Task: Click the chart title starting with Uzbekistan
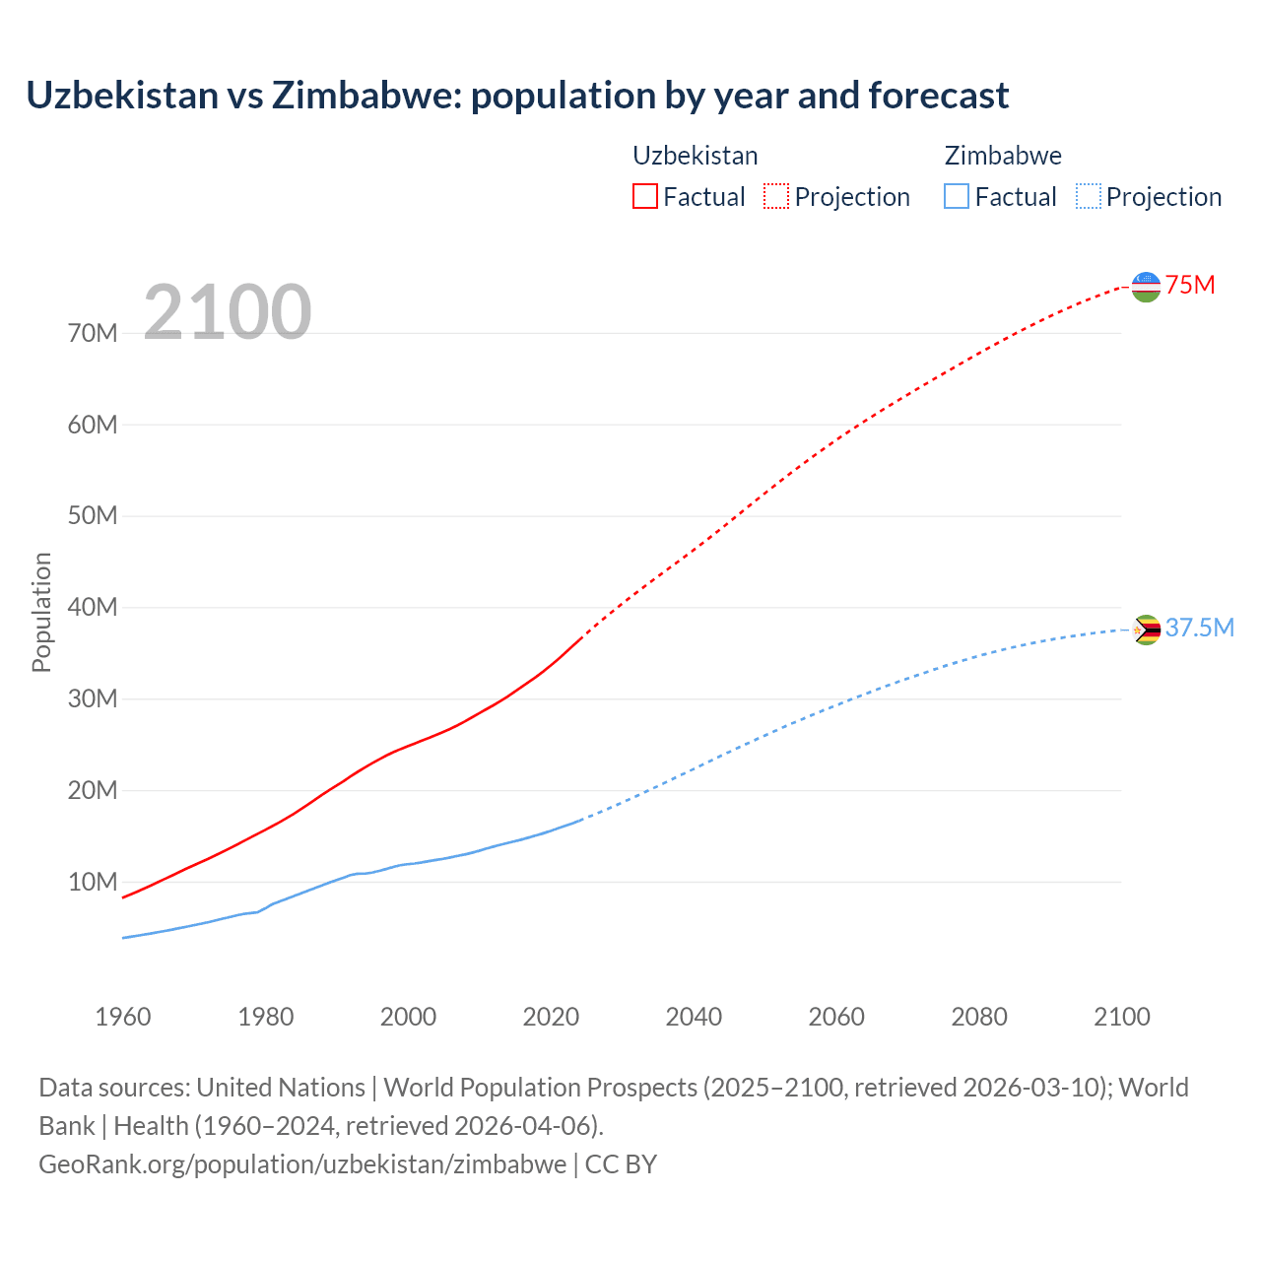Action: [x=517, y=96]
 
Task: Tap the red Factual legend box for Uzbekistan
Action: [x=644, y=196]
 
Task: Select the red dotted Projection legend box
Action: [x=776, y=196]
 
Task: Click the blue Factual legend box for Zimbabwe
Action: [x=956, y=196]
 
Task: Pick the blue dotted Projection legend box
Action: [x=1089, y=196]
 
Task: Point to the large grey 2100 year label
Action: [x=228, y=312]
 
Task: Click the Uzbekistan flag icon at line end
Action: [x=1146, y=287]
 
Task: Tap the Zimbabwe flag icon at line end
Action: [x=1146, y=630]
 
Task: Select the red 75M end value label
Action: [x=1190, y=286]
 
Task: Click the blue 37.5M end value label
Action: [x=1199, y=629]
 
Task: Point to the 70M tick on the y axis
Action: [x=93, y=334]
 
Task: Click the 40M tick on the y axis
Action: [x=93, y=608]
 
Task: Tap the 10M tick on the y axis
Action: [x=93, y=882]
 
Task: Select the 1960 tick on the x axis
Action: [x=123, y=1017]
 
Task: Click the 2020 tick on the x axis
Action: [x=551, y=1017]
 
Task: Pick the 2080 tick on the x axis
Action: [x=979, y=1017]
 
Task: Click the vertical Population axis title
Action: [x=41, y=612]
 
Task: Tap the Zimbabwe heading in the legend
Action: [x=1003, y=156]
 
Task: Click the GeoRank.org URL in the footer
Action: [x=302, y=1164]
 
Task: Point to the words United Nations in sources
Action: [x=281, y=1088]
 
